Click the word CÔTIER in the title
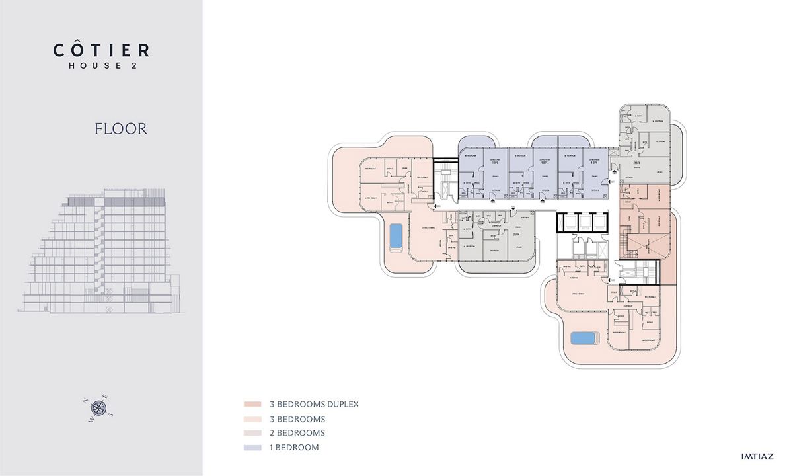tap(101, 50)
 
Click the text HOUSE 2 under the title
tap(101, 65)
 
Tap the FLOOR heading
tap(120, 128)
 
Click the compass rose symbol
tap(98, 407)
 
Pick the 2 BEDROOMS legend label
tap(297, 433)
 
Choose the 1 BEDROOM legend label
tap(294, 448)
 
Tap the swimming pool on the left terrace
tap(395, 236)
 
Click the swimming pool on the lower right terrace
tap(585, 338)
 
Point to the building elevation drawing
tap(103, 251)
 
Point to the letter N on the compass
tap(84, 400)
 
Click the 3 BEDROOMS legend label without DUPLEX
tap(297, 419)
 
